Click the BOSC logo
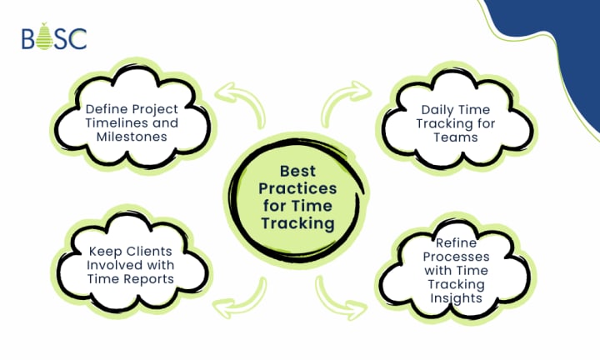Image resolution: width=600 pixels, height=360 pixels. pos(54,37)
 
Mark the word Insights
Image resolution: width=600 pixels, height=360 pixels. pos(455,297)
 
